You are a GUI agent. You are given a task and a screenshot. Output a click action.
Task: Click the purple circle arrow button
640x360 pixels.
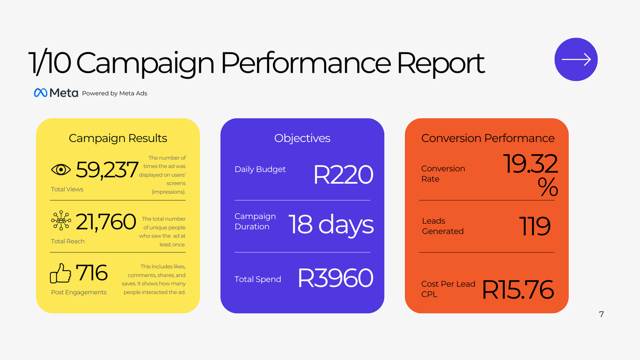[576, 60]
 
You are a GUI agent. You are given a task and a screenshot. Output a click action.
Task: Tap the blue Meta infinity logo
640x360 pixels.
[40, 92]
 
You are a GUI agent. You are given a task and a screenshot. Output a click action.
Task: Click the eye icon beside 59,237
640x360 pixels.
[61, 170]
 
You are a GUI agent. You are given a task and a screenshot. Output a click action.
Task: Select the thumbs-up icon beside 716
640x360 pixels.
[60, 273]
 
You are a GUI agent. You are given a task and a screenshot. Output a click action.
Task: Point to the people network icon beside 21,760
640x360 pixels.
[61, 220]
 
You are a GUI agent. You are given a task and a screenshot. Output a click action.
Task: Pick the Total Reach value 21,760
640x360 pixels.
[106, 222]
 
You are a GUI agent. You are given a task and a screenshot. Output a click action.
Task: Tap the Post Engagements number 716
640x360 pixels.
[92, 272]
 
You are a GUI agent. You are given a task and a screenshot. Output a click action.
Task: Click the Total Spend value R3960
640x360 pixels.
[336, 278]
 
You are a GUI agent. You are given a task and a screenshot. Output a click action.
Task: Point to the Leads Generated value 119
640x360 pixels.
[534, 226]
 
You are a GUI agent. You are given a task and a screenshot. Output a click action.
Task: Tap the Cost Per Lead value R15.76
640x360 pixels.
[518, 290]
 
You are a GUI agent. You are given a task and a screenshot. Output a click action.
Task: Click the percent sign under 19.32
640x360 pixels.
[548, 186]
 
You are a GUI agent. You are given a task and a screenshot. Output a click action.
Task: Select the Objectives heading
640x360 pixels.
[302, 138]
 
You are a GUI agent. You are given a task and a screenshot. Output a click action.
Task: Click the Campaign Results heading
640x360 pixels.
[118, 138]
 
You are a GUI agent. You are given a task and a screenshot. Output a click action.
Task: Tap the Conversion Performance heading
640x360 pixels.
[488, 138]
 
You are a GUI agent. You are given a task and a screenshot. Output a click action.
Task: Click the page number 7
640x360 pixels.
[602, 314]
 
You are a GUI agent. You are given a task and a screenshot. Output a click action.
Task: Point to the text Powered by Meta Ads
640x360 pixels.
[114, 94]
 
